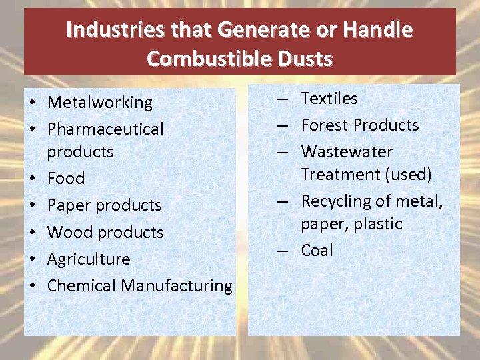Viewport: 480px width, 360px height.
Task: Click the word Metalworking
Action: point(100,103)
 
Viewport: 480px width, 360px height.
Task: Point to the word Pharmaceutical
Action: point(105,129)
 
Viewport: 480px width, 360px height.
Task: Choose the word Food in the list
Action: point(66,179)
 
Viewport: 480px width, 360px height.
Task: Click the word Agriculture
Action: point(89,259)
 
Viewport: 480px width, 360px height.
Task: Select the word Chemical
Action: point(82,286)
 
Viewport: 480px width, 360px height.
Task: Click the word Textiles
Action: point(329,99)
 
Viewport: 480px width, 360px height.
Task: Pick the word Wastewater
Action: point(347,152)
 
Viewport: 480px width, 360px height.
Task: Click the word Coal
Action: point(317,251)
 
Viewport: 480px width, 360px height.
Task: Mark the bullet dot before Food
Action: point(32,179)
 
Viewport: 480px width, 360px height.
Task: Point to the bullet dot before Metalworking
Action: point(32,103)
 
